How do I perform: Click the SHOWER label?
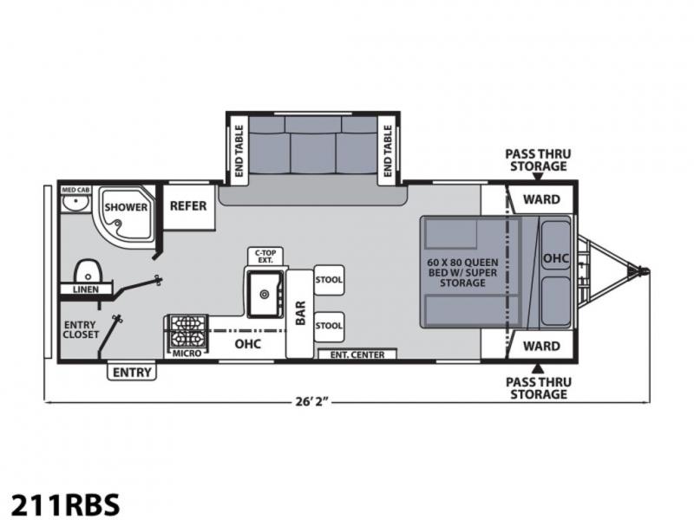(126, 207)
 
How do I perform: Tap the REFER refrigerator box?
(189, 207)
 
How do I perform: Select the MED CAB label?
(75, 190)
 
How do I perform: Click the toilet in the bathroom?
(88, 271)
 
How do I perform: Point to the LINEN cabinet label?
(86, 289)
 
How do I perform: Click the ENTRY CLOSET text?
(81, 329)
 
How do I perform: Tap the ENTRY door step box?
(132, 372)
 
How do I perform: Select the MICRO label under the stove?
(187, 354)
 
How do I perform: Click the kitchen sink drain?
(265, 294)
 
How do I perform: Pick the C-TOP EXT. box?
(265, 257)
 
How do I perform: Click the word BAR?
(300, 313)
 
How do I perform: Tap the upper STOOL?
(329, 279)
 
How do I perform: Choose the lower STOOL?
(329, 327)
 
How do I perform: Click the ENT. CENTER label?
(357, 354)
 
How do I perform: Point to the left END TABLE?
(239, 150)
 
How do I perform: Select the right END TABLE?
(388, 150)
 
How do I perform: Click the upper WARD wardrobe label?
(541, 199)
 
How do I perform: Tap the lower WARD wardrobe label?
(541, 346)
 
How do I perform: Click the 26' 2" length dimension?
(312, 402)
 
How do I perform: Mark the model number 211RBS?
(65, 504)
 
